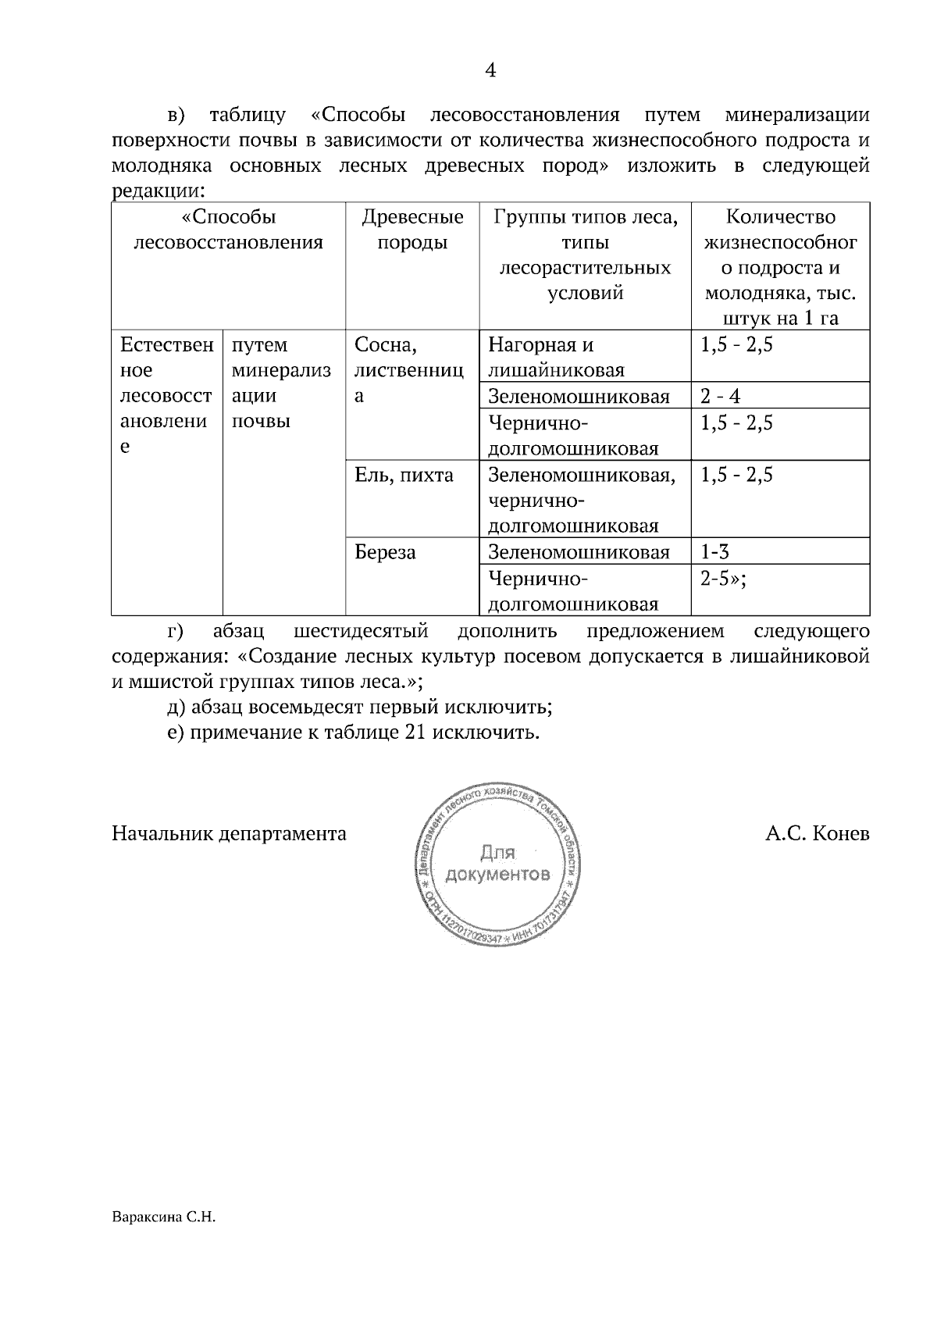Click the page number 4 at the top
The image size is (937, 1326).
click(x=490, y=71)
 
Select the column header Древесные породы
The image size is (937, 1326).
click(x=412, y=230)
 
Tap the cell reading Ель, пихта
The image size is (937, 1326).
click(x=404, y=475)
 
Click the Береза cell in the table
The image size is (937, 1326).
click(x=385, y=553)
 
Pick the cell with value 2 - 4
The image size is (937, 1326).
click(x=720, y=396)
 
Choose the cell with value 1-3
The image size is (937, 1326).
click(x=714, y=552)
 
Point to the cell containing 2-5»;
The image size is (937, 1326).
click(x=723, y=579)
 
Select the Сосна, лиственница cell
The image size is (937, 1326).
click(x=408, y=370)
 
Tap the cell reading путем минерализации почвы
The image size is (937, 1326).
click(x=281, y=383)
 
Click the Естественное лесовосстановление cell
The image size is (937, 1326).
click(x=166, y=395)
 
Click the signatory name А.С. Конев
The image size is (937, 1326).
click(x=817, y=834)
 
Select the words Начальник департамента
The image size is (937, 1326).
click(x=229, y=834)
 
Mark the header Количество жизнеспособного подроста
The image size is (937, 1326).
click(x=780, y=267)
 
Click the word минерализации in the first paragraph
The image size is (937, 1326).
click(x=796, y=116)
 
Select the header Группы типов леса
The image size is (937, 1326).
click(x=584, y=255)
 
